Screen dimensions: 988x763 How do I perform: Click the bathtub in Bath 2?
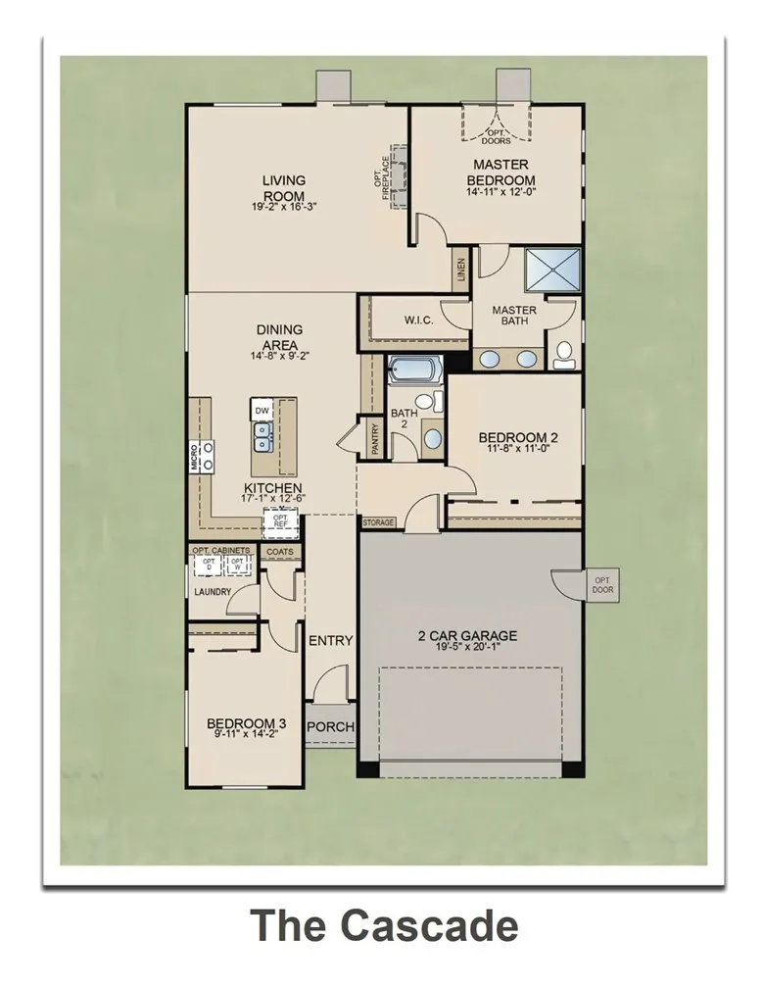point(414,370)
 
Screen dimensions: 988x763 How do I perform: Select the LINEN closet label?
point(461,270)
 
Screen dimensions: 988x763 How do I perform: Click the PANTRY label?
point(374,438)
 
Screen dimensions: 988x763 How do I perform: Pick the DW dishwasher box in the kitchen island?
point(262,410)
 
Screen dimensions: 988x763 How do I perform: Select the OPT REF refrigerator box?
point(280,522)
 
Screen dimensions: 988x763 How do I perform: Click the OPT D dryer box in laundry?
point(208,566)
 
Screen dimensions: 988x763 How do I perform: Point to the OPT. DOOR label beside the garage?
point(601,585)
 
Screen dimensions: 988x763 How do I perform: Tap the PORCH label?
point(330,727)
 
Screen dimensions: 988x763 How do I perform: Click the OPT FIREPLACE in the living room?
point(399,176)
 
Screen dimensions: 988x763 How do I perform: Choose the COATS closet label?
point(280,552)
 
